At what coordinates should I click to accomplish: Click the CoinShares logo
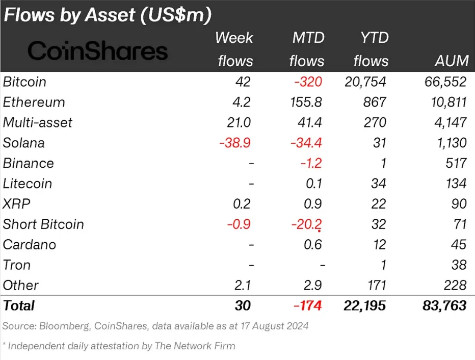(97, 51)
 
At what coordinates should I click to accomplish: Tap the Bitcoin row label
(24, 82)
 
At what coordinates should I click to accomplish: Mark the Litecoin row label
(28, 184)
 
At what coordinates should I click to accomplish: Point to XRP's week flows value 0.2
(241, 204)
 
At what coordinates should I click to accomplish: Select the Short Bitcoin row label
(43, 224)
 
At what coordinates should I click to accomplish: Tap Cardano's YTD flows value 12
(379, 245)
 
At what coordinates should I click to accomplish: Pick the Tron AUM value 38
(459, 265)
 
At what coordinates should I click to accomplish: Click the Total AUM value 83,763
(444, 305)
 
